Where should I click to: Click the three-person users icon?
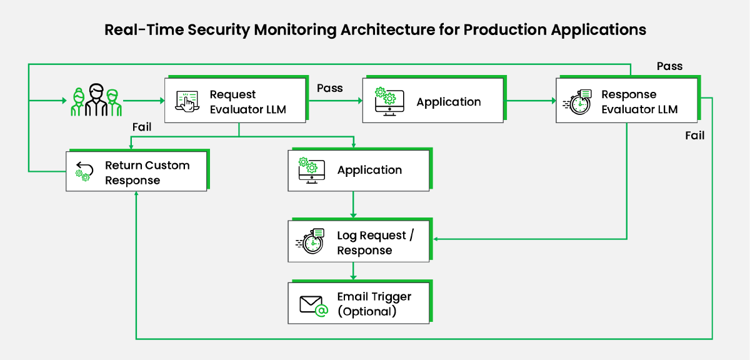coord(96,100)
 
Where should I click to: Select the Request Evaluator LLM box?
coord(235,101)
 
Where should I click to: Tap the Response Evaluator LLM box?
coord(627,101)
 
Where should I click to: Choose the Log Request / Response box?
coord(358,242)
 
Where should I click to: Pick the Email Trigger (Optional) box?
coord(358,304)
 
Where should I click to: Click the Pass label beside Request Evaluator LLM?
coord(330,88)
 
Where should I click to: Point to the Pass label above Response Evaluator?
coord(669,66)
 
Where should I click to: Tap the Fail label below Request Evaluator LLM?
coord(142,127)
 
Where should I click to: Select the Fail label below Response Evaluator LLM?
coord(694,136)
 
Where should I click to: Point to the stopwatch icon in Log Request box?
coord(310,242)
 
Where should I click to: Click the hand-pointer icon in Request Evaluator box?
coord(187,101)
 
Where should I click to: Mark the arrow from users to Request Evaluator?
coord(143,100)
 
